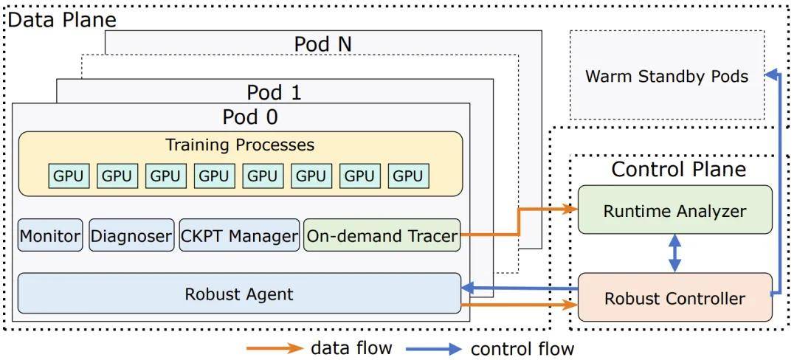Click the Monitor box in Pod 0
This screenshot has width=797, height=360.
point(50,236)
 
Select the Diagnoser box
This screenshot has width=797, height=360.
point(131,236)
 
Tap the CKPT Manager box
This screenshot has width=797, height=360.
point(240,236)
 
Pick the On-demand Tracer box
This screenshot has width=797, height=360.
point(382,236)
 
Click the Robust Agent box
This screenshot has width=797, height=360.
point(239,294)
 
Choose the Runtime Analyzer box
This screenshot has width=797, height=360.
point(674,210)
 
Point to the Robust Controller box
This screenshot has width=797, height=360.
point(674,298)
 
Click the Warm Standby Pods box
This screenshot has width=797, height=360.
point(666,76)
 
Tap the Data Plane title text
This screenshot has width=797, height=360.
point(62,19)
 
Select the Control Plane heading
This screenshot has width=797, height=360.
point(678,170)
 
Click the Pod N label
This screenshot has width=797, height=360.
point(322,44)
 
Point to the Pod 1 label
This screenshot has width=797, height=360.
point(274,93)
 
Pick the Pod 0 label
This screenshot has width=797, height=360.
point(250,117)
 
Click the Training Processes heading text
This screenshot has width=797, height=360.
point(240,145)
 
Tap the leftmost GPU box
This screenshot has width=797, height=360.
point(69,176)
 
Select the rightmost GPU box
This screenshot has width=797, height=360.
point(408,176)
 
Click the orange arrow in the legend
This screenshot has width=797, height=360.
point(275,347)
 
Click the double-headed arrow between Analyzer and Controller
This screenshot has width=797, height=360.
point(674,254)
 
